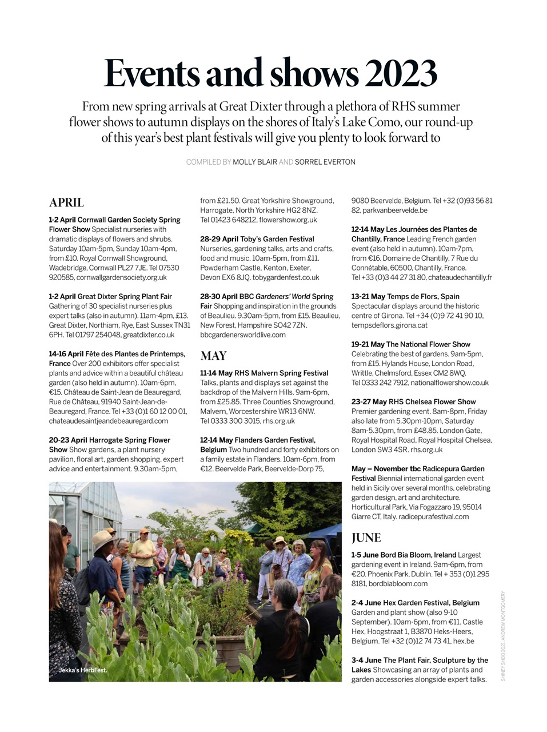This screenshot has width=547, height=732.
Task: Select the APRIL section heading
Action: [x=66, y=202]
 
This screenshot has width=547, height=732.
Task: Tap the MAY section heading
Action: [x=213, y=356]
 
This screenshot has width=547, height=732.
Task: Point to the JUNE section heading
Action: [x=366, y=538]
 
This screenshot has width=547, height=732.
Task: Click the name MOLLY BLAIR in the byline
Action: [x=254, y=162]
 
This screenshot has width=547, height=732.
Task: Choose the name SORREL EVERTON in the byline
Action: [x=325, y=162]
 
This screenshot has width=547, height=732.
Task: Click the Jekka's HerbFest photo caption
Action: [x=82, y=670]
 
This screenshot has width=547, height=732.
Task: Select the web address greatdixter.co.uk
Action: [x=149, y=335]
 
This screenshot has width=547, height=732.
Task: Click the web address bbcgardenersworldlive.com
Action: [x=243, y=335]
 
